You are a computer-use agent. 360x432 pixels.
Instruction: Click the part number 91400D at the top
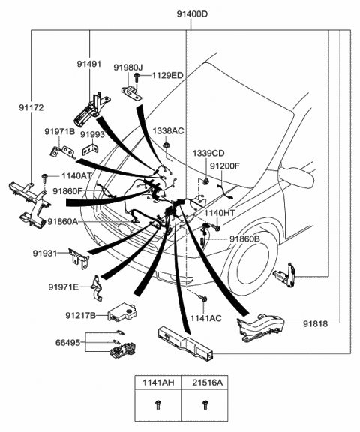(192, 14)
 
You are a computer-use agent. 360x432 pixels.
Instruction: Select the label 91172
(31, 107)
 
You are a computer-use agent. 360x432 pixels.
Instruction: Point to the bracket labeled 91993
(91, 148)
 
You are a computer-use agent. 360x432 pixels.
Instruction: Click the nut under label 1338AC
(166, 145)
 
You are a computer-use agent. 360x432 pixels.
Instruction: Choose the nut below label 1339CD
(205, 181)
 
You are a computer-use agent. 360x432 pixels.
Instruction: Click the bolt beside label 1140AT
(44, 178)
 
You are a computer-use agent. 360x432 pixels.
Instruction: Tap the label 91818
(316, 324)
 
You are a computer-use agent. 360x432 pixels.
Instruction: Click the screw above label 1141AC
(202, 298)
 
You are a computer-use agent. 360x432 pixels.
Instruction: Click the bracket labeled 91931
(79, 257)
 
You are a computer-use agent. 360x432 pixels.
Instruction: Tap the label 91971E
(63, 287)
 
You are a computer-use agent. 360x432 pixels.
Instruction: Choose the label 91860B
(244, 239)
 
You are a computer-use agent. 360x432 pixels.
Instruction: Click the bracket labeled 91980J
(131, 93)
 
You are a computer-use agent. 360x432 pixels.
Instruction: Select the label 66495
(68, 343)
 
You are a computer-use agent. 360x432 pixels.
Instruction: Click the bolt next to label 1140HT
(216, 227)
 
